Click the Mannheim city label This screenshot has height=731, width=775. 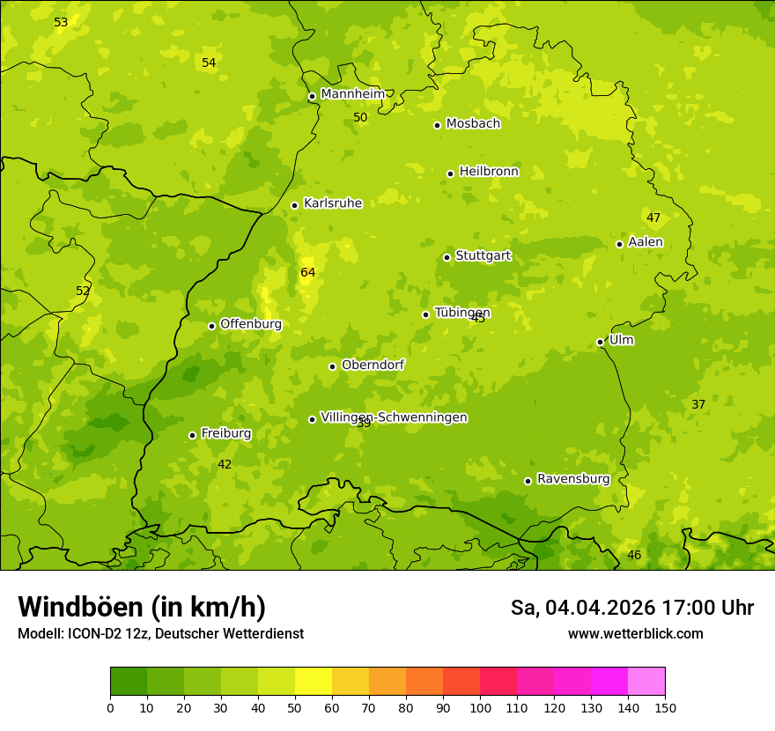pos(352,94)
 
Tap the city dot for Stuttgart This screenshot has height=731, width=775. pos(447,257)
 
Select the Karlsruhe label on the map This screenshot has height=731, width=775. pos(332,203)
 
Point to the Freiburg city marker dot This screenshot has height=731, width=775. pos(192,435)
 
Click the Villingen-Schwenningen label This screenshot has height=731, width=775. pos(394,417)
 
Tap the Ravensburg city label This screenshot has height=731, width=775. pos(572,479)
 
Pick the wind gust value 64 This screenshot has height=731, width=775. pos(307,273)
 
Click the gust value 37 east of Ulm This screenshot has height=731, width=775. pos(697,405)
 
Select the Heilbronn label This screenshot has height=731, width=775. pos(489,172)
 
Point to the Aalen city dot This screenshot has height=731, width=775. pos(619,244)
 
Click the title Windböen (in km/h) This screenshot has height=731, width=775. pos(142,607)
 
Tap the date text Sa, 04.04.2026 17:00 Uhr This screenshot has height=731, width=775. pos(631,608)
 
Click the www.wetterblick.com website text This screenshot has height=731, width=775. pos(635,634)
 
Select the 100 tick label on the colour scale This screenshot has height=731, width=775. pos(480,707)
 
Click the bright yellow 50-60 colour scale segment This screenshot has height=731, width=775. pos(314,682)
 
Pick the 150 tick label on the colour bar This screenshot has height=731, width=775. pos(665,707)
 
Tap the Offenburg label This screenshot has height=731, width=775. pos(250,324)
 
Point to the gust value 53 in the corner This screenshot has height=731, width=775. pos(61,22)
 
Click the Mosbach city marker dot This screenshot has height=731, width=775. pos(437,125)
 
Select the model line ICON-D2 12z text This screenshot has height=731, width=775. pos(160,634)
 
